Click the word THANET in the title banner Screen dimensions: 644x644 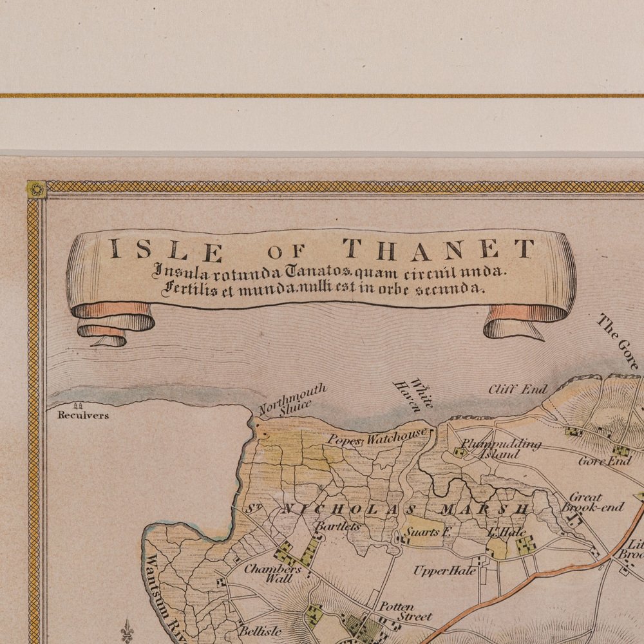[438, 249]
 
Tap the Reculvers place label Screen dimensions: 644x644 [83, 415]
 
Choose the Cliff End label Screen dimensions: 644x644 [517, 389]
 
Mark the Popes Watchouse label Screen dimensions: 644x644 [377, 437]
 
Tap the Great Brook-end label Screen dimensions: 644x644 [592, 502]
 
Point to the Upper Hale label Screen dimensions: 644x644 [444, 571]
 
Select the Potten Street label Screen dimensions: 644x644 [404, 611]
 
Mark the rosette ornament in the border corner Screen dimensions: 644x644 [35, 189]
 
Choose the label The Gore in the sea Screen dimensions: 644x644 [619, 341]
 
